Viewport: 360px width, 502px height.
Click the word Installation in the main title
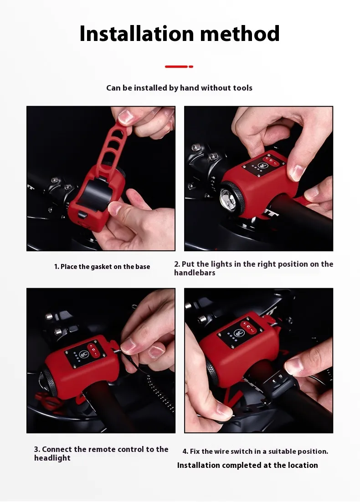(x=137, y=33)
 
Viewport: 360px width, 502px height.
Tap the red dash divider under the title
(x=179, y=66)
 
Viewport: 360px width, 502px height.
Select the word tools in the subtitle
(x=242, y=88)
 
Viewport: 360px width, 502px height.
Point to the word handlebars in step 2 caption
(x=195, y=273)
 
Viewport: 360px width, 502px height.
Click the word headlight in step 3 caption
(x=52, y=458)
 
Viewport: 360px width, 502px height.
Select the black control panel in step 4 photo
(x=239, y=333)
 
